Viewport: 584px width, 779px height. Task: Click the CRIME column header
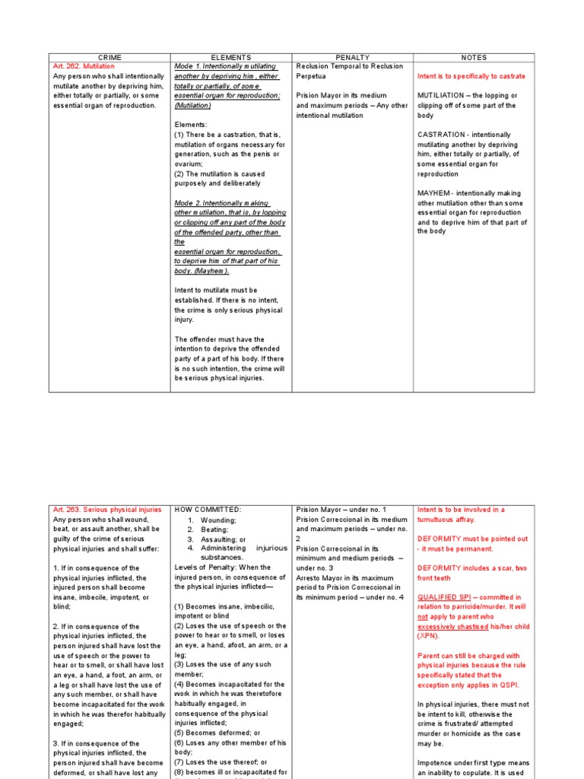pyautogui.click(x=109, y=57)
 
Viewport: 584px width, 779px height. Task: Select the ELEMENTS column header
pyautogui.click(x=231, y=57)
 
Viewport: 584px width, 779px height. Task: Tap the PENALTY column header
pyautogui.click(x=352, y=57)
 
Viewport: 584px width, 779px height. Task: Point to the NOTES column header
pyautogui.click(x=474, y=57)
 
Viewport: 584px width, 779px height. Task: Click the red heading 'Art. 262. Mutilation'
pyautogui.click(x=84, y=67)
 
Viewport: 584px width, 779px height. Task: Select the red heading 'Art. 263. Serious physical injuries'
pyautogui.click(x=107, y=510)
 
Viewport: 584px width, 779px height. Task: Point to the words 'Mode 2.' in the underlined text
pyautogui.click(x=188, y=203)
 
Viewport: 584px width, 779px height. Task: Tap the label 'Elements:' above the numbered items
pyautogui.click(x=191, y=125)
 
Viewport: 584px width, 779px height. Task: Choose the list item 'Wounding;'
pyautogui.click(x=218, y=520)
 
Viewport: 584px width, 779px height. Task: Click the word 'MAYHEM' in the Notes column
pyautogui.click(x=434, y=193)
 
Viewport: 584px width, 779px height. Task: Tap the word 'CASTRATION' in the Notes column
pyautogui.click(x=441, y=135)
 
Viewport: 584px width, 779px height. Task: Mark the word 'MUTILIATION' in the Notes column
pyautogui.click(x=443, y=96)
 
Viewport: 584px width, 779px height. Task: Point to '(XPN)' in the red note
pyautogui.click(x=429, y=636)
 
